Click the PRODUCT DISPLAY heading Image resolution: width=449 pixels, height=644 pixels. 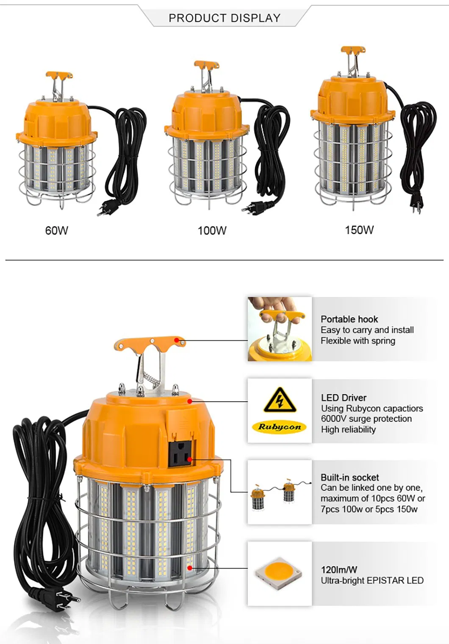pyautogui.click(x=224, y=18)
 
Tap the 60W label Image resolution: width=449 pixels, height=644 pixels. pyautogui.click(x=57, y=230)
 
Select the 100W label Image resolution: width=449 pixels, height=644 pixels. pyautogui.click(x=212, y=230)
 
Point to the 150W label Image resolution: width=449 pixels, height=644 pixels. pyautogui.click(x=359, y=230)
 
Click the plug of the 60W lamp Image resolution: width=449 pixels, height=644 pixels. pyautogui.click(x=105, y=207)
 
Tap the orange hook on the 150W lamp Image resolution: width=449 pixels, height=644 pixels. pyautogui.click(x=353, y=50)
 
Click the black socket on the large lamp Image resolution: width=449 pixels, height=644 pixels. pyautogui.click(x=180, y=454)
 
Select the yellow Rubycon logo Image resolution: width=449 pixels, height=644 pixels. pyautogui.click(x=279, y=427)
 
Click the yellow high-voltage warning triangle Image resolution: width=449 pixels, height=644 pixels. pyautogui.click(x=280, y=400)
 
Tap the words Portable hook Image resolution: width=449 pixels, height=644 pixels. pyautogui.click(x=349, y=319)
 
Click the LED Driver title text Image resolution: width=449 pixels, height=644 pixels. pyautogui.click(x=344, y=398)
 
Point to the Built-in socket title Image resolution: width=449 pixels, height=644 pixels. pyautogui.click(x=349, y=478)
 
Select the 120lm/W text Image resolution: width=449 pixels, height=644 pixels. pyautogui.click(x=339, y=569)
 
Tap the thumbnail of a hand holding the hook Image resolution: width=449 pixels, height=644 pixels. pyautogui.click(x=280, y=329)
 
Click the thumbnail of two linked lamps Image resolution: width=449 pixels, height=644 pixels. pyautogui.click(x=280, y=492)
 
